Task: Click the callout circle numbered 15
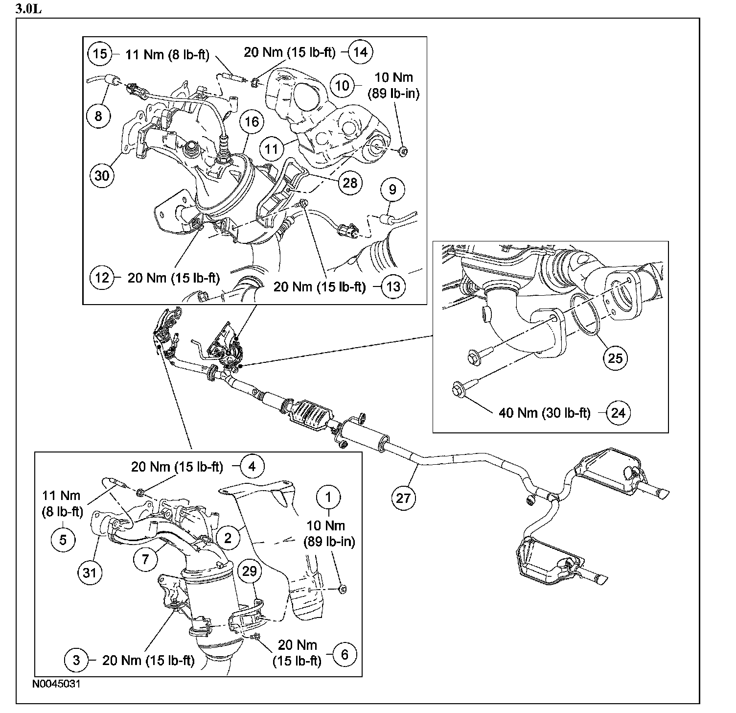[100, 53]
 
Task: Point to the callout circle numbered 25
[615, 358]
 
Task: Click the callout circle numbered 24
[618, 413]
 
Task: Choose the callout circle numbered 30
[102, 175]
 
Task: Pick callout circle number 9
[394, 189]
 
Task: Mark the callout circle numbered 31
[90, 571]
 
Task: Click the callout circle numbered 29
[250, 571]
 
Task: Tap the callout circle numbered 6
[345, 654]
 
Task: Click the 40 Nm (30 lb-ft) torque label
[545, 413]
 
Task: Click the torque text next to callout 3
[148, 660]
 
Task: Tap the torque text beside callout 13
[320, 286]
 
